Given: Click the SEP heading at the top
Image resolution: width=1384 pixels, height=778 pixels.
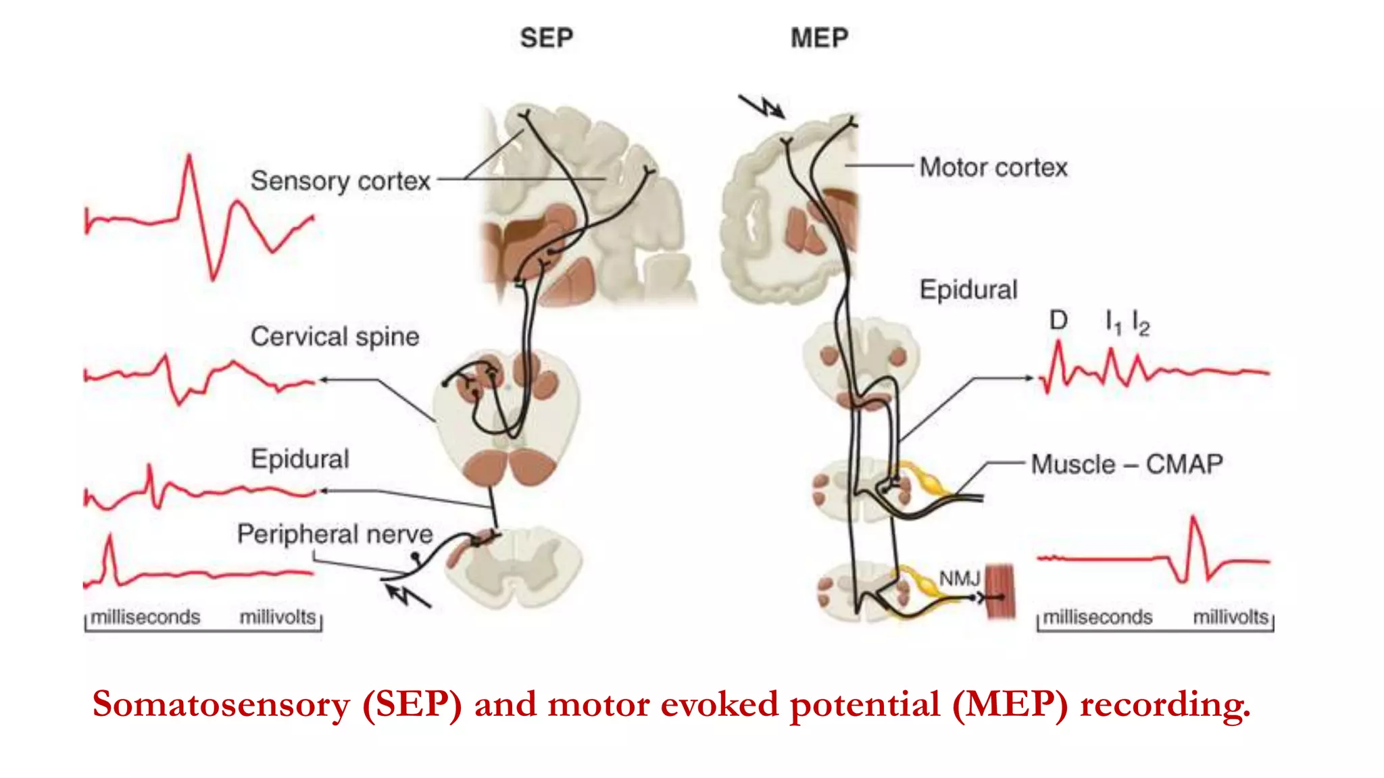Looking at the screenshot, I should click(x=546, y=38).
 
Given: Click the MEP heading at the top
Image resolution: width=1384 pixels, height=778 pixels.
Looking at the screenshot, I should click(x=819, y=38).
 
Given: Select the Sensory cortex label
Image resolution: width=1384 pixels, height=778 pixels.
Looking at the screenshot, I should click(x=340, y=181).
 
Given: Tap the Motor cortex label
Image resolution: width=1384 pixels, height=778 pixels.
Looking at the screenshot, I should click(x=993, y=167).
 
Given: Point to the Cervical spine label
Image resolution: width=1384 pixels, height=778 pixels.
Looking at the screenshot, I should click(x=335, y=336).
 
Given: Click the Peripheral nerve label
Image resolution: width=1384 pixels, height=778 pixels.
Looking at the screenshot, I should click(x=335, y=534).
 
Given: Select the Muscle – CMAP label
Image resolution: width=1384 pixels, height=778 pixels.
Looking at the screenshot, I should click(x=1127, y=465).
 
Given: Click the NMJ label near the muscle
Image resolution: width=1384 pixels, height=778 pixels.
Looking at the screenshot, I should click(x=959, y=579).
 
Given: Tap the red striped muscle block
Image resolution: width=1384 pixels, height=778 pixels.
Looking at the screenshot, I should click(x=1000, y=592).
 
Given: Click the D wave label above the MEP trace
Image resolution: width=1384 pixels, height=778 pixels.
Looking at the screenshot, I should click(x=1058, y=321).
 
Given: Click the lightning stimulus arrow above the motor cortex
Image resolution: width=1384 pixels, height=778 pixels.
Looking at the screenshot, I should click(x=762, y=107).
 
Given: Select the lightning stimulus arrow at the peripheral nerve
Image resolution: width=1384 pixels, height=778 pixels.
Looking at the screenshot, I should click(x=407, y=596).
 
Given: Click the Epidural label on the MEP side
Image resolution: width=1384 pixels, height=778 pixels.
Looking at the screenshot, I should click(x=968, y=290).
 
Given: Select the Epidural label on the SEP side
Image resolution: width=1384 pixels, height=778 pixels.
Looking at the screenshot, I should click(x=299, y=459).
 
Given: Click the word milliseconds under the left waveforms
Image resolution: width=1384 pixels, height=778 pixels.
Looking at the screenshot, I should click(x=145, y=617).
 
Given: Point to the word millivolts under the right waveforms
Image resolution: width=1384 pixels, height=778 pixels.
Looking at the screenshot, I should click(x=1230, y=617).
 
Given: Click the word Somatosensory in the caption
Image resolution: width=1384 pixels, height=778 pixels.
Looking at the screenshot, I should click(x=221, y=704).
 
